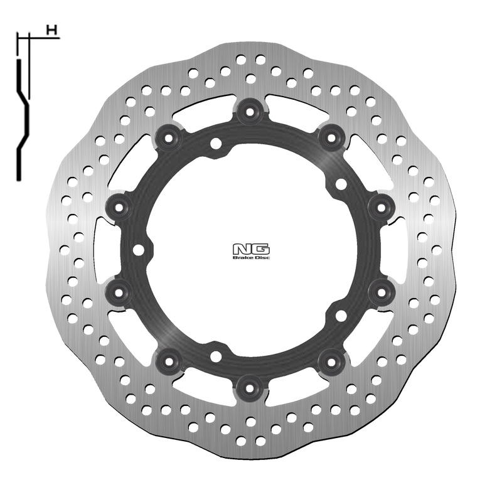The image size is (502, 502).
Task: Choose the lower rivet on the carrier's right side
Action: (378, 289)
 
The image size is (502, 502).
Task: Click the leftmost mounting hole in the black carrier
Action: (137, 248)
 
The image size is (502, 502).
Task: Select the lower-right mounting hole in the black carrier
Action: (341, 314)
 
